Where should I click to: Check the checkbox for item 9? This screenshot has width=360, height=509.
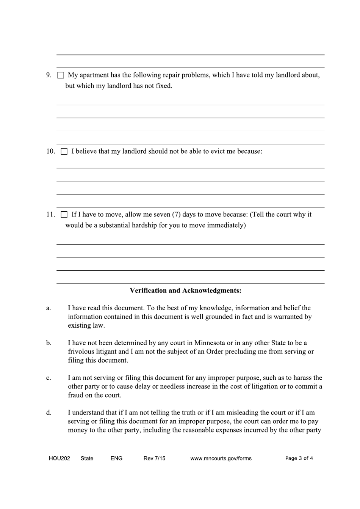point(61,75)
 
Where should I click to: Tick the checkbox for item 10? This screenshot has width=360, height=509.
point(64,152)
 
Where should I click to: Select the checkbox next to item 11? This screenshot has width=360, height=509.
point(64,215)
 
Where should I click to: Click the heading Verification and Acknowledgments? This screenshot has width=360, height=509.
point(185,291)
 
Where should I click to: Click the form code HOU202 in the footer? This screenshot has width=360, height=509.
point(59,458)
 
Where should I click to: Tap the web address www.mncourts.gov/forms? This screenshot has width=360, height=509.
point(221,458)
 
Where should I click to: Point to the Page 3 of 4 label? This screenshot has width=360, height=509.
point(299,458)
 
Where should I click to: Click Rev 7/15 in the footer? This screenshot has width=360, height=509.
point(154,458)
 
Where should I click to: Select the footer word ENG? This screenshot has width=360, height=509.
point(116,458)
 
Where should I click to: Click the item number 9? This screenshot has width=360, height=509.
point(49,75)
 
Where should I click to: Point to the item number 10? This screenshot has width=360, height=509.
point(51,151)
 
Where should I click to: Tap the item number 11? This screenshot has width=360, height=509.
point(51,214)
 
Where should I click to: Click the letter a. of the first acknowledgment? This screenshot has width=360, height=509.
point(49,308)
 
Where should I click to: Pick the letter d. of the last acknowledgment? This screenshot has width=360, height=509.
point(49,413)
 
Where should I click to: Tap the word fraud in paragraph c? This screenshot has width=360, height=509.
point(75,395)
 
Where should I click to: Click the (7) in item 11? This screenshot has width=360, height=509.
point(176,214)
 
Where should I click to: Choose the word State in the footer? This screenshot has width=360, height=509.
point(87,458)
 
